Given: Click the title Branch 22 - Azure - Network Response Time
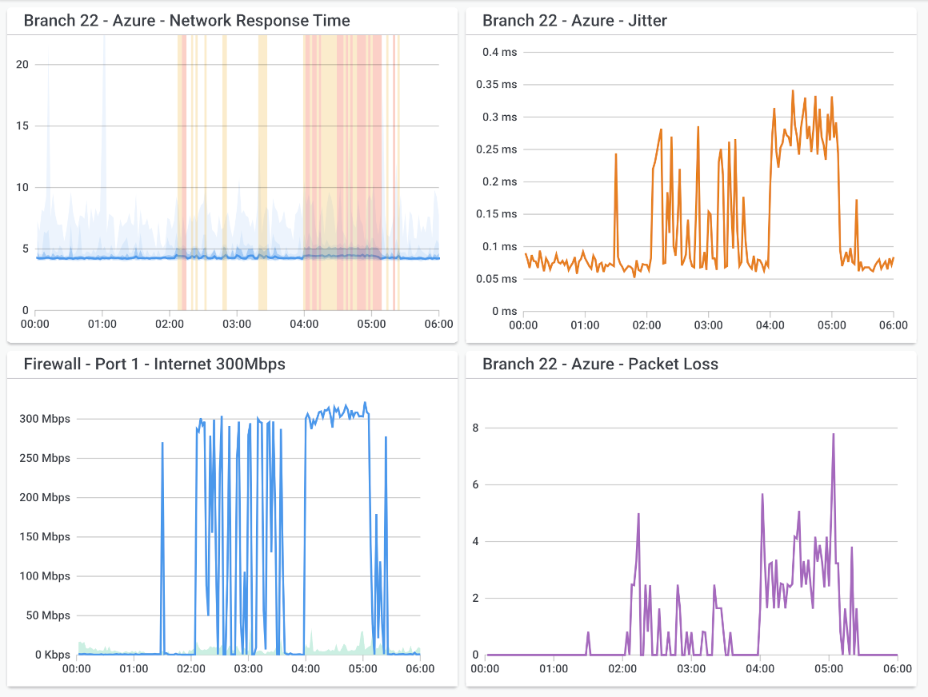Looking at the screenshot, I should coord(186,21).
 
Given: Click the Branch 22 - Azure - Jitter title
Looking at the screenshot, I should coord(574,21).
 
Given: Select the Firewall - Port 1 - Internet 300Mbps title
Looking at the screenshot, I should coord(154,364).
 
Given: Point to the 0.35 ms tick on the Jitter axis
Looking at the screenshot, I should coord(496,84).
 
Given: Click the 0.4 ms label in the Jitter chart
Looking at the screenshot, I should coord(499,52).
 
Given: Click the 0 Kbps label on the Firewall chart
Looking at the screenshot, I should coord(49,655).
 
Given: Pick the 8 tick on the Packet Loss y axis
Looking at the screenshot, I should coord(475,428).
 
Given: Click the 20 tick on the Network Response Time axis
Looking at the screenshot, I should coord(22,64).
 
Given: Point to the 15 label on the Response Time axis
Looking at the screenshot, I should coord(22,125).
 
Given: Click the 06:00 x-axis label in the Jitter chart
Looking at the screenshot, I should coord(893,325).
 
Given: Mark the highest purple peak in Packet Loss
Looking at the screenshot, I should coord(833,435).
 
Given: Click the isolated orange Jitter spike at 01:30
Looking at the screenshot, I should coord(615,154).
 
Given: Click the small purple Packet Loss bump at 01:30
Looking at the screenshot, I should coord(588,633).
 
